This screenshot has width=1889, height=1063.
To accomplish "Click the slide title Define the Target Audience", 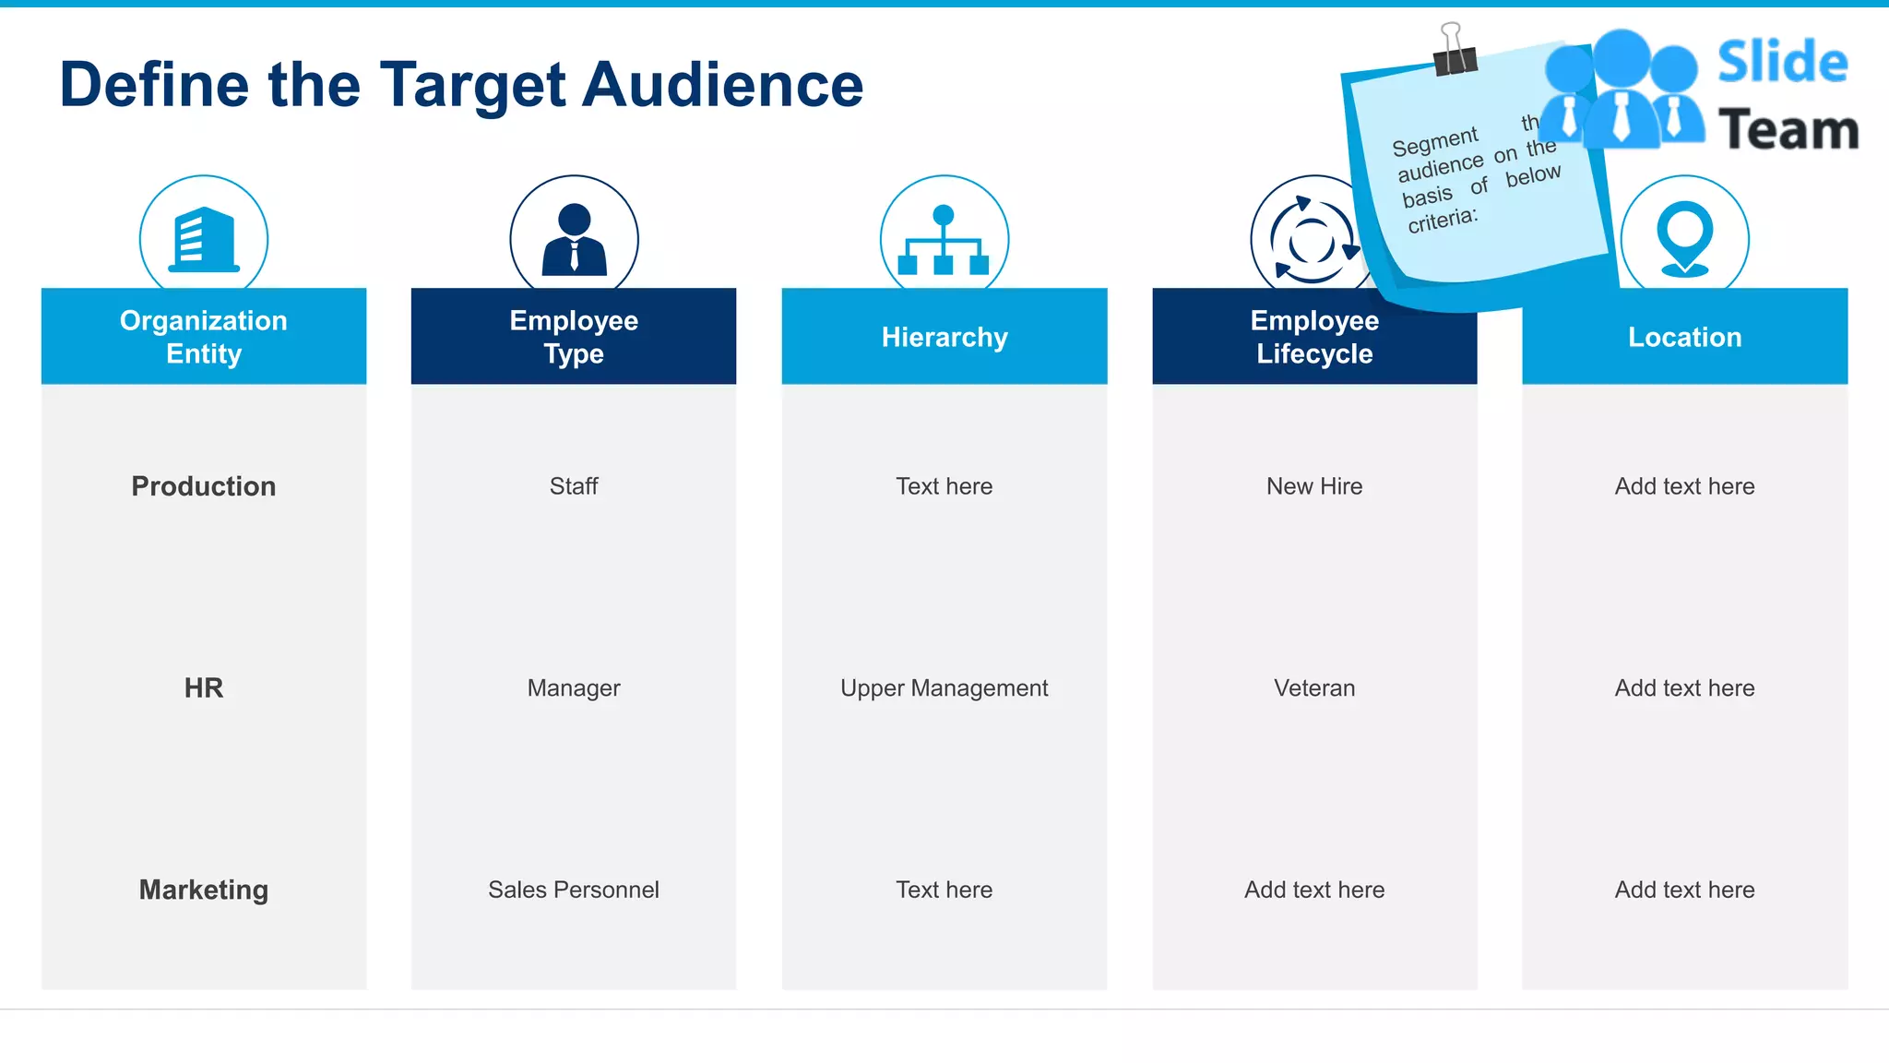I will point(461,85).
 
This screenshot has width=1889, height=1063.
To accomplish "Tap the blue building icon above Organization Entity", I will point(204,239).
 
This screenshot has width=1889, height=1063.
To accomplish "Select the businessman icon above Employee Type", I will point(574,239).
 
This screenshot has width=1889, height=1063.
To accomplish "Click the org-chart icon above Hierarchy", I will point(944,241).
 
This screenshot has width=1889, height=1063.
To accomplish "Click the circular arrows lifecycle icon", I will point(1311,240).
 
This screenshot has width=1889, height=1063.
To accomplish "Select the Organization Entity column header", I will point(204,337).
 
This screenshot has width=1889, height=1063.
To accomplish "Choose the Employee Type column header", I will point(574,337).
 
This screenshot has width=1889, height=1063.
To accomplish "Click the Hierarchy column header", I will point(944,337).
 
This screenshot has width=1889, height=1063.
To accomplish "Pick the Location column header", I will point(1684,337).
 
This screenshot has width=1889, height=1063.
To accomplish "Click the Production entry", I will point(204,486).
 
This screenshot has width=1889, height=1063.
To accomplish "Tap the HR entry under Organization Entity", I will point(204,687).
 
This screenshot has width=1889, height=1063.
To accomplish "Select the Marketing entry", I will point(204,890).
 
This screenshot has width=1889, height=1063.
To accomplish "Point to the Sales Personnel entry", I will point(574,890).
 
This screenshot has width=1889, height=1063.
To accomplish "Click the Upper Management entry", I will point(944,687).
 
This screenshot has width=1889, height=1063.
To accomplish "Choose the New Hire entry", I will point(1314,486).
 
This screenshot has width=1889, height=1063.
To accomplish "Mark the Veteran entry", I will point(1314,687).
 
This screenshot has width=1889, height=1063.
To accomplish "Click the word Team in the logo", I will point(1788,129).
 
